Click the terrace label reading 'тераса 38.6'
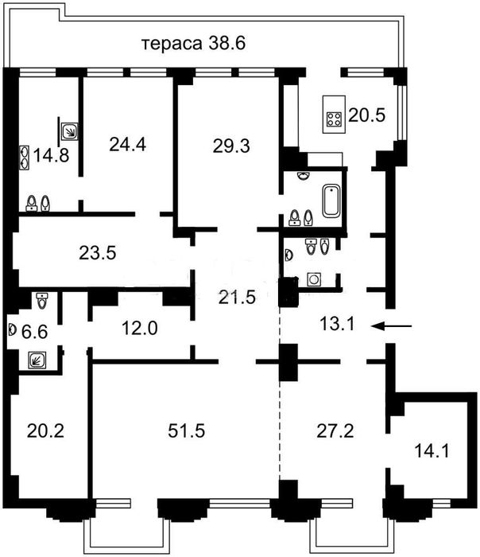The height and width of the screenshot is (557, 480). pos(194,44)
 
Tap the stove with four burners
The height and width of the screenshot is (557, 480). pos(334,119)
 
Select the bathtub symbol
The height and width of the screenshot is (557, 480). pos(331,201)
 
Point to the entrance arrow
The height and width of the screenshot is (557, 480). pos(392,325)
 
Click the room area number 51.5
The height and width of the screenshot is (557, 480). pos(186,430)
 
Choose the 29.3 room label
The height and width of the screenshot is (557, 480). pos(231,146)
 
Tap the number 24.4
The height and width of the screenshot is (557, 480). pos(127,145)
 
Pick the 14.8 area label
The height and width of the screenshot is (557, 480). pos(51,155)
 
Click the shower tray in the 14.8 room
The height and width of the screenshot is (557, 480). pos(69,131)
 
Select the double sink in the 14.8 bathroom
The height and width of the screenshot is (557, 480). pos(24,158)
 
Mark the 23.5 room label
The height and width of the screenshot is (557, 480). pos(98,253)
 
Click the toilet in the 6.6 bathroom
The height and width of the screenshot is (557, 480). pos(42,301)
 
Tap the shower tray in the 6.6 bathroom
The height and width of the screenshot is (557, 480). pos(37,360)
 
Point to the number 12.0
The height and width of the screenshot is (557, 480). pos(140,328)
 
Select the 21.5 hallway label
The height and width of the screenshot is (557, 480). pos(237,298)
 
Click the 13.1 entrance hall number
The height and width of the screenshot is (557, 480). pos(337,324)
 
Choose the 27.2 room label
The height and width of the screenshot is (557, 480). pos(335,430)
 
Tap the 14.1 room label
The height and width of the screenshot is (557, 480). pos(432,451)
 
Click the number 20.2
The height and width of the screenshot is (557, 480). pos(45,430)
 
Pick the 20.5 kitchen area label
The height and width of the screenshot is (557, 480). pos(367,115)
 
